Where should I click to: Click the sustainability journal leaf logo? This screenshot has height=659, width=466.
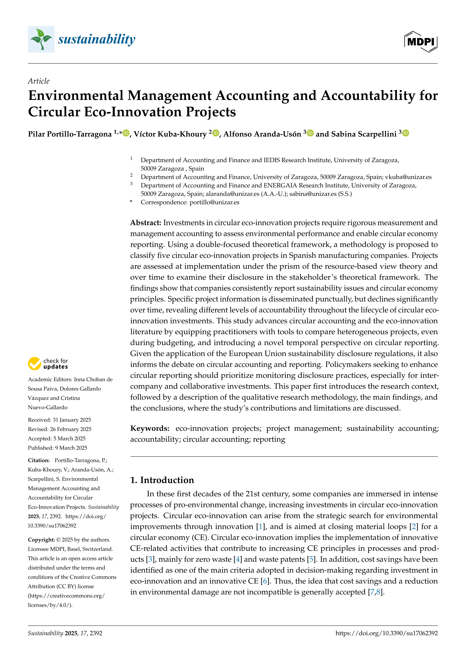click(41, 39)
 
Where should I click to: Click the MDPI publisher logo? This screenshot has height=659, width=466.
click(421, 42)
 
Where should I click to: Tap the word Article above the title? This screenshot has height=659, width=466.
click(39, 81)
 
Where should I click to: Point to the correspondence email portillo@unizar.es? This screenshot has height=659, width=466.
click(214, 202)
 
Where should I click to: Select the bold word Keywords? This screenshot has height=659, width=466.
click(150, 428)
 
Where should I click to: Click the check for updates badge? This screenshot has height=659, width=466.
click(48, 364)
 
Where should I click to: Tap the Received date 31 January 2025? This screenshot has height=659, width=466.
click(72, 420)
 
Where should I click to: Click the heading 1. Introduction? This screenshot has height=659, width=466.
click(162, 480)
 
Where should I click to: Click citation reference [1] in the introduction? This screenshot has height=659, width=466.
click(260, 527)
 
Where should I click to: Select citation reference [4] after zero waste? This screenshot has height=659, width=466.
click(238, 559)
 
